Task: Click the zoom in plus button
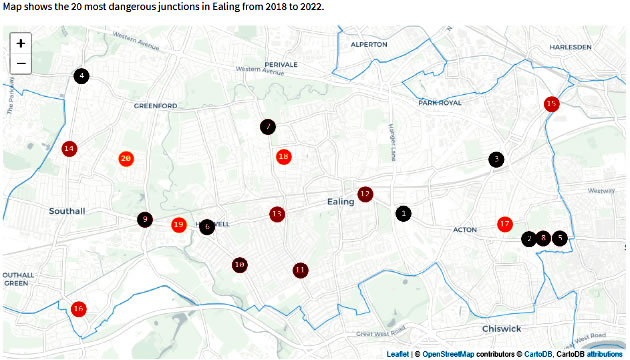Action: [x=21, y=43]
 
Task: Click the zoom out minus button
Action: [x=21, y=64]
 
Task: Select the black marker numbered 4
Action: [x=81, y=76]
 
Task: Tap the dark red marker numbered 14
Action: [x=69, y=149]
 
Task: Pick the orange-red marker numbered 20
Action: [x=126, y=158]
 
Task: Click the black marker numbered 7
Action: [x=268, y=127]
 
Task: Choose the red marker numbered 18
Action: [x=284, y=156]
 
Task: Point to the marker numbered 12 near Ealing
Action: [x=365, y=194]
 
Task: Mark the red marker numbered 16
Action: [x=79, y=309]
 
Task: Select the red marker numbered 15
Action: [x=551, y=104]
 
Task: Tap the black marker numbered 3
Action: [x=496, y=159]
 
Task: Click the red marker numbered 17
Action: [x=505, y=224]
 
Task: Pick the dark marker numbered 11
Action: [x=301, y=270]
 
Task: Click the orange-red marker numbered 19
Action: [x=179, y=225]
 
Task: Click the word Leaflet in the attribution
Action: [x=397, y=354]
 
